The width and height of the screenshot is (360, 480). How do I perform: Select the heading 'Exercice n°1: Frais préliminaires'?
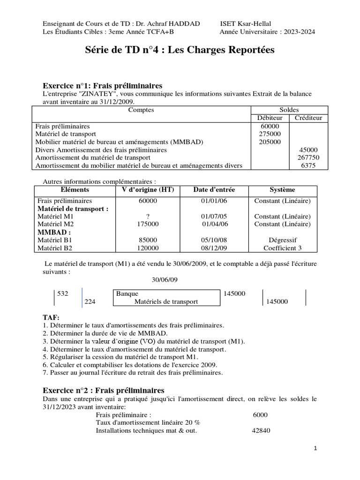click(x=103, y=86)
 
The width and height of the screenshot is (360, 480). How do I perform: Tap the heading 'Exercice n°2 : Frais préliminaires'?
click(x=104, y=390)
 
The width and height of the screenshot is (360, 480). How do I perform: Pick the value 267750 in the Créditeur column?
click(x=308, y=157)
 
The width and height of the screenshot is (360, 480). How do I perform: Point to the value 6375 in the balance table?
click(x=308, y=165)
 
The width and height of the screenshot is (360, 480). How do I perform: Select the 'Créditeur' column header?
click(x=308, y=118)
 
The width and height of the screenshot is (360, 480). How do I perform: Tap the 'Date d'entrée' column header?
click(x=214, y=190)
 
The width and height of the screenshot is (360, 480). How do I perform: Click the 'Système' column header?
click(x=282, y=190)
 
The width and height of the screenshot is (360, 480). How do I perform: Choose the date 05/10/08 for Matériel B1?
click(x=214, y=240)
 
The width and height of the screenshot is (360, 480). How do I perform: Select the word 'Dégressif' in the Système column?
click(x=282, y=240)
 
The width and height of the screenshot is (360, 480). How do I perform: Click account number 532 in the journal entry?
click(x=63, y=293)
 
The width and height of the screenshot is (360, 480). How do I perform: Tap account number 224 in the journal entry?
click(x=90, y=302)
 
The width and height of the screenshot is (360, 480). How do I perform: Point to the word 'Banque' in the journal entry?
click(x=127, y=293)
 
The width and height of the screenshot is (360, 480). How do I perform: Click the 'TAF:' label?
click(x=51, y=317)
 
